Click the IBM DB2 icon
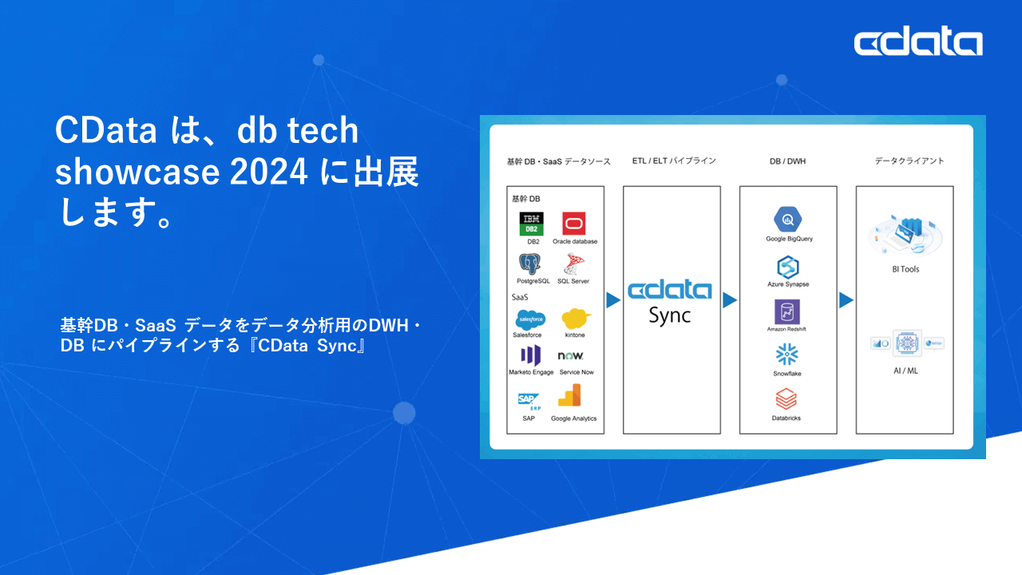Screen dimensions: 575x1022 pyautogui.click(x=532, y=224)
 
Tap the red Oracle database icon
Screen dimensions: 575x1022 pyautogui.click(x=574, y=224)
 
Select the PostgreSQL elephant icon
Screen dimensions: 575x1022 pyautogui.click(x=531, y=264)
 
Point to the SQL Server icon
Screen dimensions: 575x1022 pyautogui.click(x=572, y=264)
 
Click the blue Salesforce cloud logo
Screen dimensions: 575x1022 pyautogui.click(x=530, y=319)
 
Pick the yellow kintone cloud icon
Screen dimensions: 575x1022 pyautogui.click(x=576, y=319)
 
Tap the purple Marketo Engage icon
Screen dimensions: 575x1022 pyautogui.click(x=530, y=356)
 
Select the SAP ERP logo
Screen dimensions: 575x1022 pyautogui.click(x=529, y=401)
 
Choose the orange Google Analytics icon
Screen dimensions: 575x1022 pyautogui.click(x=571, y=397)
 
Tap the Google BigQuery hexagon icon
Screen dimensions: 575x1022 pyautogui.click(x=788, y=219)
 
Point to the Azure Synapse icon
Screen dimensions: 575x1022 pyautogui.click(x=788, y=267)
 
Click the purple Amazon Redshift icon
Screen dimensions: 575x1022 pyautogui.click(x=787, y=311)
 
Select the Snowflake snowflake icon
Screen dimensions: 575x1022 pyautogui.click(x=787, y=355)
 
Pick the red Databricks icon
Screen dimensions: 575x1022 pyautogui.click(x=786, y=399)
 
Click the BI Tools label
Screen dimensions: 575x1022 pyautogui.click(x=905, y=269)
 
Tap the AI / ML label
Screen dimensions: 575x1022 pyautogui.click(x=905, y=371)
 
